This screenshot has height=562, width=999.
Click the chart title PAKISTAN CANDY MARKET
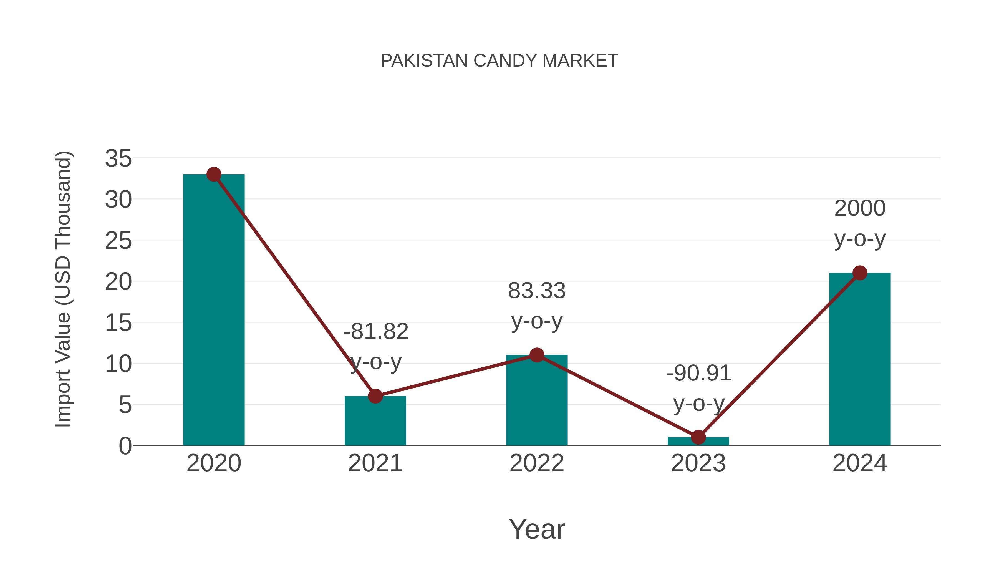(x=499, y=61)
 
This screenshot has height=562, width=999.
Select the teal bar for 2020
(x=214, y=310)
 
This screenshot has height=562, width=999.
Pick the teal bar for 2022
(x=537, y=403)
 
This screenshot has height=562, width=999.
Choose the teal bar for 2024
(x=860, y=361)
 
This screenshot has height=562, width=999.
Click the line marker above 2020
(x=214, y=175)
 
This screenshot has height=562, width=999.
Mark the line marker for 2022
(x=537, y=355)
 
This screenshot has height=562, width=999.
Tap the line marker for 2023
(x=698, y=437)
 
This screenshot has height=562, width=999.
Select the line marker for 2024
(x=860, y=273)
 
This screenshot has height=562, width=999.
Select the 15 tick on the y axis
(x=118, y=323)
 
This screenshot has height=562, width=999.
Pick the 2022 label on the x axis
(x=537, y=463)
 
